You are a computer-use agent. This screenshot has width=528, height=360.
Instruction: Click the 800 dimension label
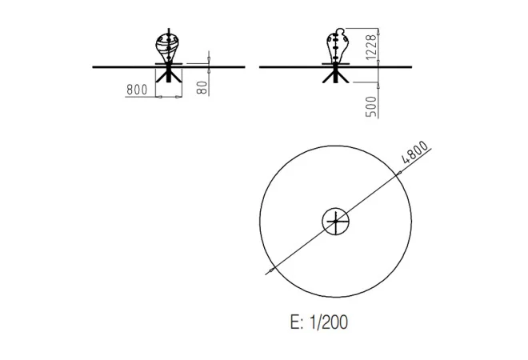pos(137,90)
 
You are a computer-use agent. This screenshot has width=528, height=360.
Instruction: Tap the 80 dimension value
pos(202,87)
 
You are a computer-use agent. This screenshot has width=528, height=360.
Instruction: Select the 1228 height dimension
pos(370,47)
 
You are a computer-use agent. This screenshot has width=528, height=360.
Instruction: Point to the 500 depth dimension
pos(370,106)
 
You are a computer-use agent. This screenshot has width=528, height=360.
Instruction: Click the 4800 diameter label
pos(415,152)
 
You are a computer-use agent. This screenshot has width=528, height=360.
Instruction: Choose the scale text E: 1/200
pos(319,322)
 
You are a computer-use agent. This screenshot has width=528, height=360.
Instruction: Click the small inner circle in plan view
pos(336,208)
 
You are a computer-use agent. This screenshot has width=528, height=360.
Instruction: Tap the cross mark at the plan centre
pos(336,222)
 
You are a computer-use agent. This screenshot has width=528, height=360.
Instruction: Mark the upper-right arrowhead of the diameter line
pos(398,173)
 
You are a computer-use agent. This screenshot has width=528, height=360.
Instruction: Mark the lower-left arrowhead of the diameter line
pos(271,270)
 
